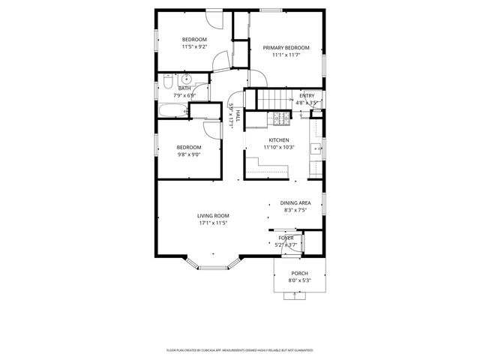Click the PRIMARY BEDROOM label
pyautogui.click(x=286, y=47)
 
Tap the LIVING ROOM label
pyautogui.click(x=213, y=215)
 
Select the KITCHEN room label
pyautogui.click(x=279, y=140)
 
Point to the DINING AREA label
pyautogui.click(x=295, y=203)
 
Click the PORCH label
pyautogui.click(x=300, y=274)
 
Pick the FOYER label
pyautogui.click(x=286, y=238)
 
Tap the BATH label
pyautogui.click(x=184, y=88)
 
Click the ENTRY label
pyautogui.click(x=307, y=95)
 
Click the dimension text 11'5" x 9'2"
pyautogui.click(x=194, y=47)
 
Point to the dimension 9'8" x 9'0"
pyautogui.click(x=189, y=154)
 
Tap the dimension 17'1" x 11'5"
pyautogui.click(x=213, y=223)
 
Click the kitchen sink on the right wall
pyautogui.click(x=318, y=148)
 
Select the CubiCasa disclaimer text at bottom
pyautogui.click(x=239, y=350)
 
